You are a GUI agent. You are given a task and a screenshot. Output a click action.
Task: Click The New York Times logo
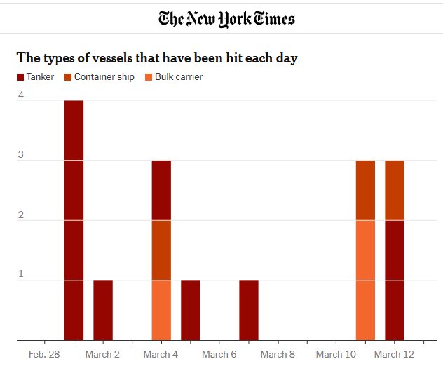coord(226,19)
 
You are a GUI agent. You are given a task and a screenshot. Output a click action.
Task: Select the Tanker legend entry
coord(35,76)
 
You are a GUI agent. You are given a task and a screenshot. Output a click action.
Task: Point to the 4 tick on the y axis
coord(21,95)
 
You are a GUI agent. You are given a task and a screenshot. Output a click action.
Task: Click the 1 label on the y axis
coord(21,274)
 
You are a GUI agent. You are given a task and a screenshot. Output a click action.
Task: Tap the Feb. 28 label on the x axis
coord(44,354)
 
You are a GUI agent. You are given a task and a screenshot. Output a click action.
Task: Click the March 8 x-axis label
coord(278,354)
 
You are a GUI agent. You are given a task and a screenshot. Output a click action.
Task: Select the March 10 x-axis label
coord(336,354)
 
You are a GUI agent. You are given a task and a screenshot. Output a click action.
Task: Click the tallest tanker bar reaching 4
coord(74,220)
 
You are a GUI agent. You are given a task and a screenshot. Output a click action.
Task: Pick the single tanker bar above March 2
coord(103,310)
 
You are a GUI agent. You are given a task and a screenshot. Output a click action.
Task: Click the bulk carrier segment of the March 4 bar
coord(161,310)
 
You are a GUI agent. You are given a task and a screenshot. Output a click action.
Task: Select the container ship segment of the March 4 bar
coord(161,250)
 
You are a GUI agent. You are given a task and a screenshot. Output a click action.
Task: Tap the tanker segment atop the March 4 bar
coord(161,190)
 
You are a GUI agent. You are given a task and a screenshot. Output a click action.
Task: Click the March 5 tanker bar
coord(191,310)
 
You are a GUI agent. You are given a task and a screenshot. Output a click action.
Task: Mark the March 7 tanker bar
coord(249,310)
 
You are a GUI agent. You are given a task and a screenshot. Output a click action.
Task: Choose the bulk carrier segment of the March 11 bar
coord(365,280)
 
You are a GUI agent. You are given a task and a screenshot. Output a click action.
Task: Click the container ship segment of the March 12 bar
coord(395,190)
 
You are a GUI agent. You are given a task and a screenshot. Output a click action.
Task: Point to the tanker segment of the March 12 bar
coord(395,280)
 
